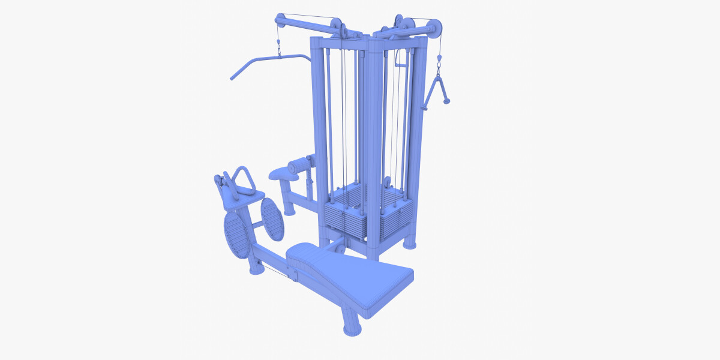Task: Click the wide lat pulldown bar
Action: coord(267,60)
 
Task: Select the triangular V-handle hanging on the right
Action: coord(436,90)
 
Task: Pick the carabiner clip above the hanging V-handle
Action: coord(438,60)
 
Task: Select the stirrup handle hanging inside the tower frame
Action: coord(401,59)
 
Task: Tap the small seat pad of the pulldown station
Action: coord(283,173)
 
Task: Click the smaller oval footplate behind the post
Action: coord(272,218)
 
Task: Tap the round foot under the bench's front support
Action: coord(351,328)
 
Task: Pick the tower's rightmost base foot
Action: coord(409,243)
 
